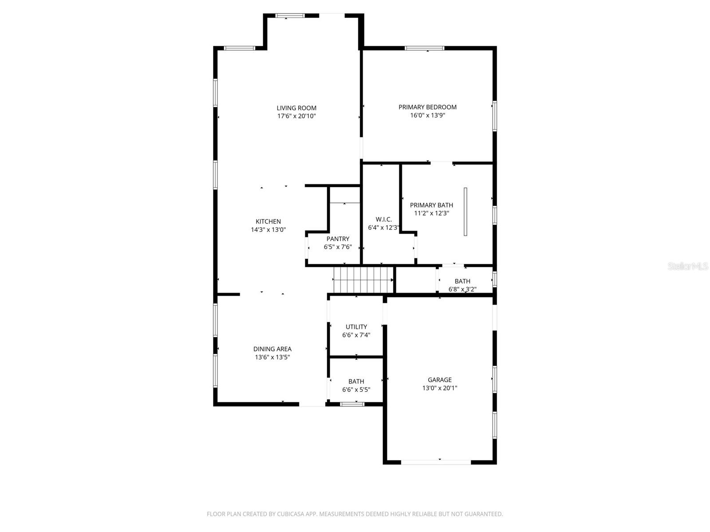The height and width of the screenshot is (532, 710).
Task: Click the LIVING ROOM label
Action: [x=296, y=108]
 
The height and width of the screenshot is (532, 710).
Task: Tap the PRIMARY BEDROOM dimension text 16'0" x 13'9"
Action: [x=427, y=115]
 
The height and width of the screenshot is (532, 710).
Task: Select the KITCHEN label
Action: [x=268, y=222]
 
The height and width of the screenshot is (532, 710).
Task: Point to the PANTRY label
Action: [x=338, y=239]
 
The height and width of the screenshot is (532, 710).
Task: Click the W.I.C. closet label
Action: [x=383, y=219]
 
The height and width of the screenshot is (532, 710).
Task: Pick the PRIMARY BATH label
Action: [x=431, y=205]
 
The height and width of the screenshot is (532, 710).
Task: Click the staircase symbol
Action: [x=363, y=280]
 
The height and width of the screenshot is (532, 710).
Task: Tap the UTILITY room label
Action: [x=356, y=327]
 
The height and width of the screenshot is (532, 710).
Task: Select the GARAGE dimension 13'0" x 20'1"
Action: [x=439, y=388]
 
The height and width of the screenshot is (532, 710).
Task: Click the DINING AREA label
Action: [x=272, y=349]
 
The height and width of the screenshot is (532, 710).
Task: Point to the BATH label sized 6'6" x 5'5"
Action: [x=356, y=381]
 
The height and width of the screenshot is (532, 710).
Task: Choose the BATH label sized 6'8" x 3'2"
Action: [x=462, y=281]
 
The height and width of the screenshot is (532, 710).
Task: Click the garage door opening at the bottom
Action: [x=436, y=462]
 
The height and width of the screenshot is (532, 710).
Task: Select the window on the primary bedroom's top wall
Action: [x=424, y=48]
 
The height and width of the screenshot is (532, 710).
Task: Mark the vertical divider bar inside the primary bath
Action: [x=465, y=211]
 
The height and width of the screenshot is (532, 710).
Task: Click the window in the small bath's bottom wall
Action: [x=352, y=404]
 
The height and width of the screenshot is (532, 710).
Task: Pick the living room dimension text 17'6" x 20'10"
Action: [x=296, y=116]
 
